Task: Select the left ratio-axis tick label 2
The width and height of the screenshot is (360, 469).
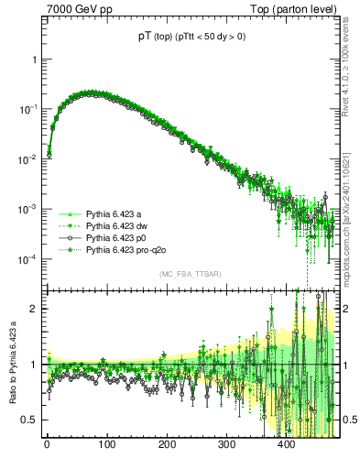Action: click(x=35, y=309)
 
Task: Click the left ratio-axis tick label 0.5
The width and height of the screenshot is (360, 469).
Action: click(x=31, y=420)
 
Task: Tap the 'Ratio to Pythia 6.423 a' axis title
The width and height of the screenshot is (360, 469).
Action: click(x=11, y=363)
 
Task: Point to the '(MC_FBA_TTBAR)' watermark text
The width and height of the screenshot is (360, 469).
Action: click(x=188, y=275)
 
